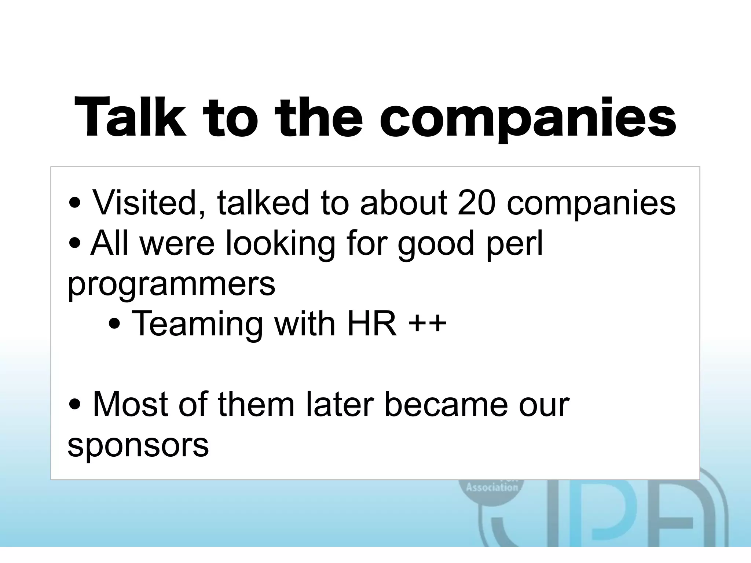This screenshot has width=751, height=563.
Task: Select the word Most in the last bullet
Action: click(131, 405)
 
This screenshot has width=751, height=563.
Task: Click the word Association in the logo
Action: click(492, 487)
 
